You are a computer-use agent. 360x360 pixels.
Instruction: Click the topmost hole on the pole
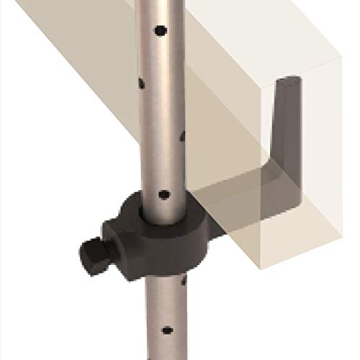160,30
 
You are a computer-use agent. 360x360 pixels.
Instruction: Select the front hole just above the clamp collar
163,194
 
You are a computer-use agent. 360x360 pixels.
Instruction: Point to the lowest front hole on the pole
167,330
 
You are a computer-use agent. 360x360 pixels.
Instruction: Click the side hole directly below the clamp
184,281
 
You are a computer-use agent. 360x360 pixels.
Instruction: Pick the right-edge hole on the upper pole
184,135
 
